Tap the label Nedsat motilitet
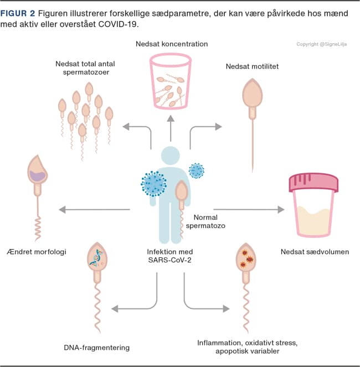click(x=252, y=66)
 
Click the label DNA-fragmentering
click(x=97, y=348)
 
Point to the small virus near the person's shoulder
click(x=197, y=170)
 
